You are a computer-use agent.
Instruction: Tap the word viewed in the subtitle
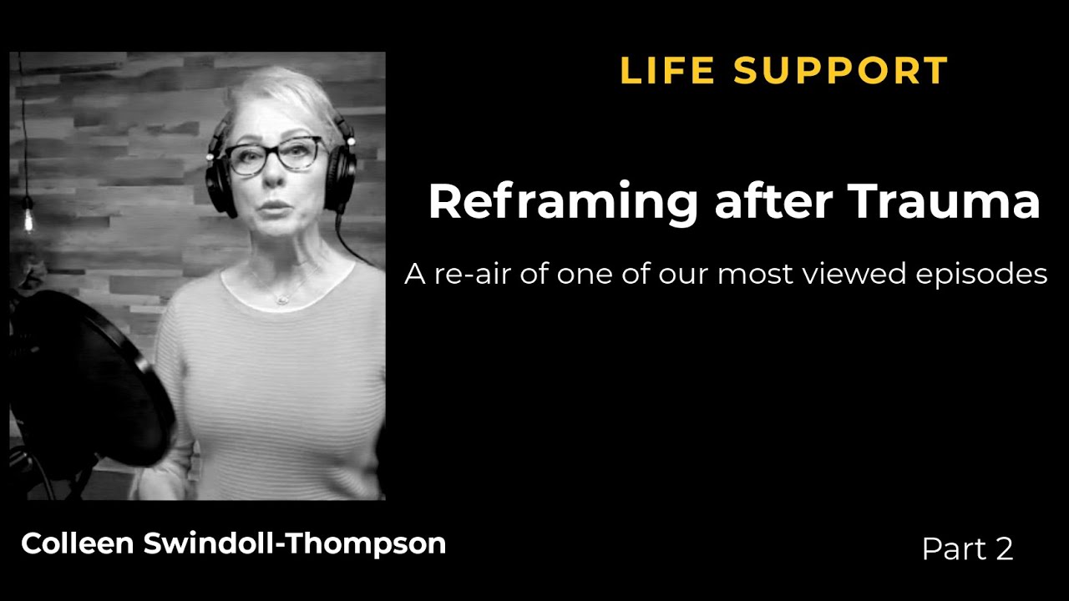pyautogui.click(x=841, y=273)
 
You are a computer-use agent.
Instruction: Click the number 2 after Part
pyautogui.click(x=1003, y=548)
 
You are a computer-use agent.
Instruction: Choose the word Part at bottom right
pyautogui.click(x=952, y=548)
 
